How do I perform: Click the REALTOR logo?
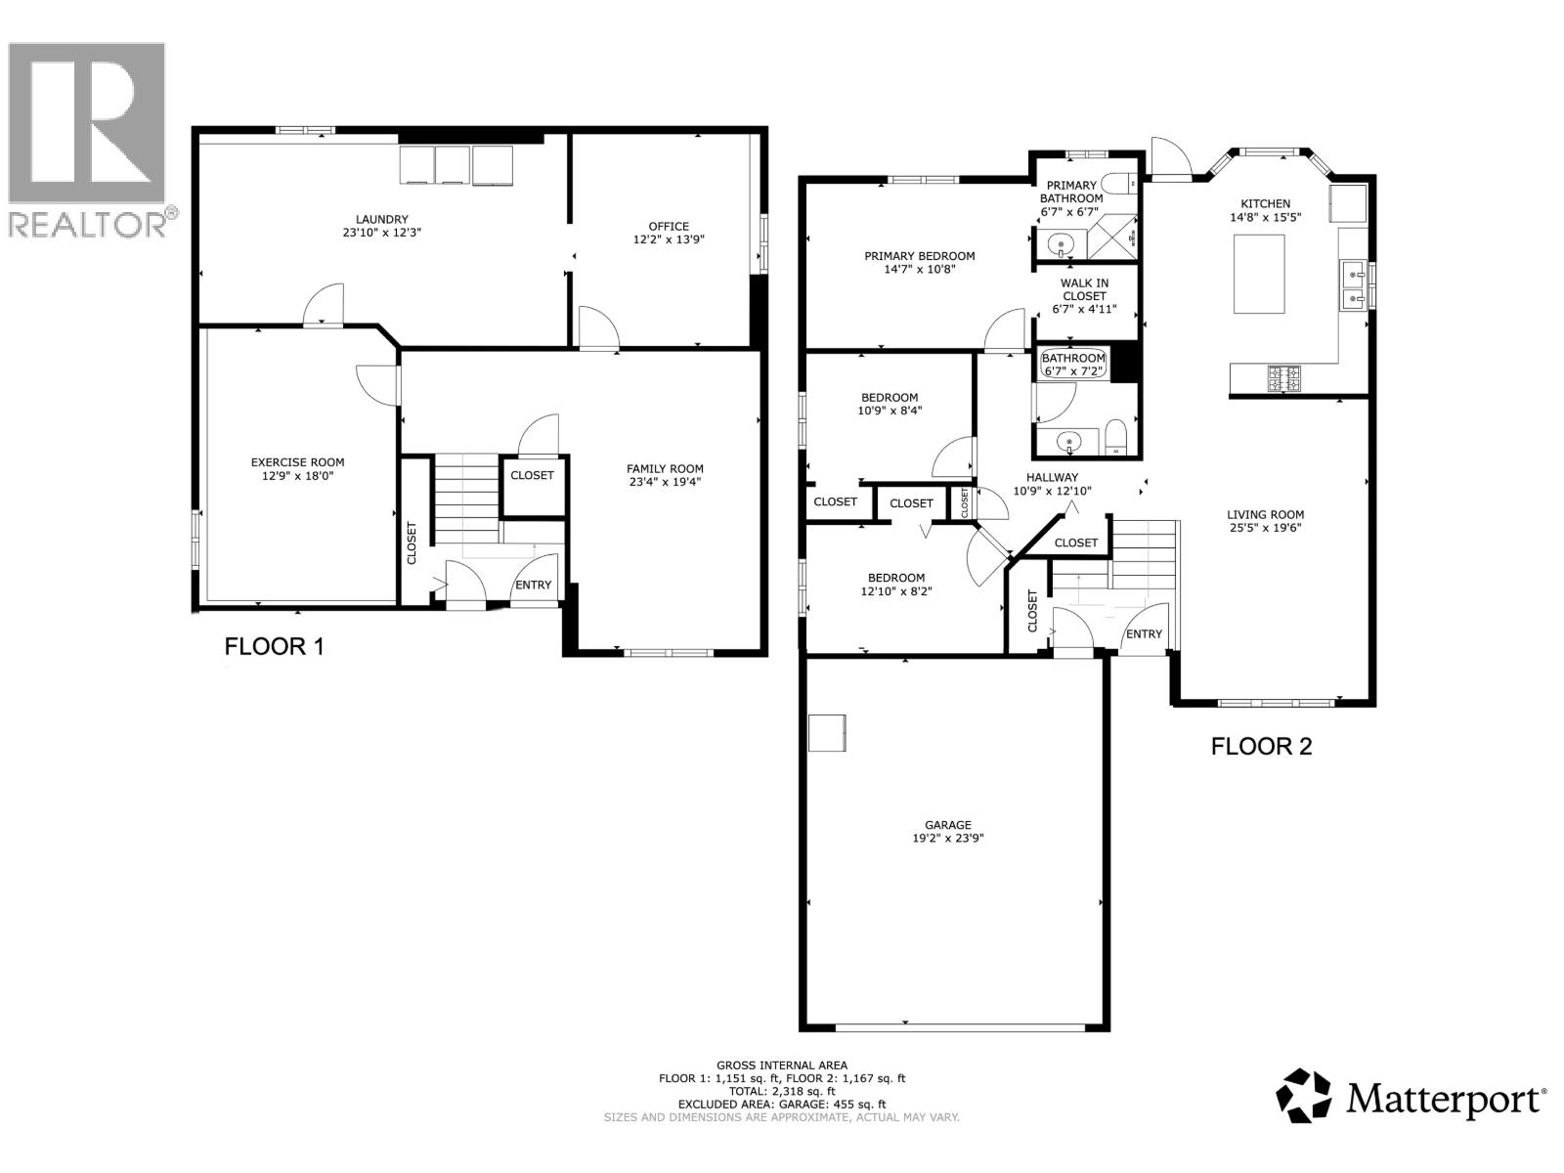click(87, 137)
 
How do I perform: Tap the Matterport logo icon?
click(1304, 1095)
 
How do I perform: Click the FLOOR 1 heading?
click(274, 646)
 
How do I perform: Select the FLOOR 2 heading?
click(1261, 747)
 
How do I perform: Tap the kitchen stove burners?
click(1284, 377)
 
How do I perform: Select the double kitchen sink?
click(1353, 284)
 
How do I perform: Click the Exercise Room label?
click(297, 462)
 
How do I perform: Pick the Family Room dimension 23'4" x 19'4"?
click(665, 482)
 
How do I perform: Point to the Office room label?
click(669, 226)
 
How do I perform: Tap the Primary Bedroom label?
click(919, 256)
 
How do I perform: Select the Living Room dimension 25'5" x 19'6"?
click(1266, 528)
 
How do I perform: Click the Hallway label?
click(1052, 477)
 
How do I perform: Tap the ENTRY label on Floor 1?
click(533, 585)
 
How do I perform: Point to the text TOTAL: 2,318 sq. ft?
click(781, 1091)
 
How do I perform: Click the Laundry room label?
click(381, 219)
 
